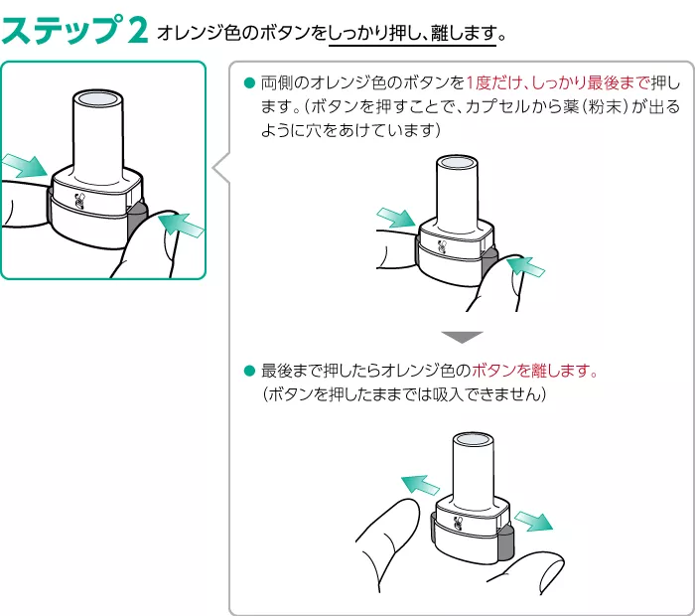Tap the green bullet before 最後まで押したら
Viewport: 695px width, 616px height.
pos(249,371)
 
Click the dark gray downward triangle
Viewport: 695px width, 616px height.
pos(461,336)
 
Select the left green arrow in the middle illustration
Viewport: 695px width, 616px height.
pos(396,218)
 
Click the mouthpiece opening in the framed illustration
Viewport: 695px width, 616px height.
pos(102,99)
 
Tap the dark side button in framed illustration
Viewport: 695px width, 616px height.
pos(136,224)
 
